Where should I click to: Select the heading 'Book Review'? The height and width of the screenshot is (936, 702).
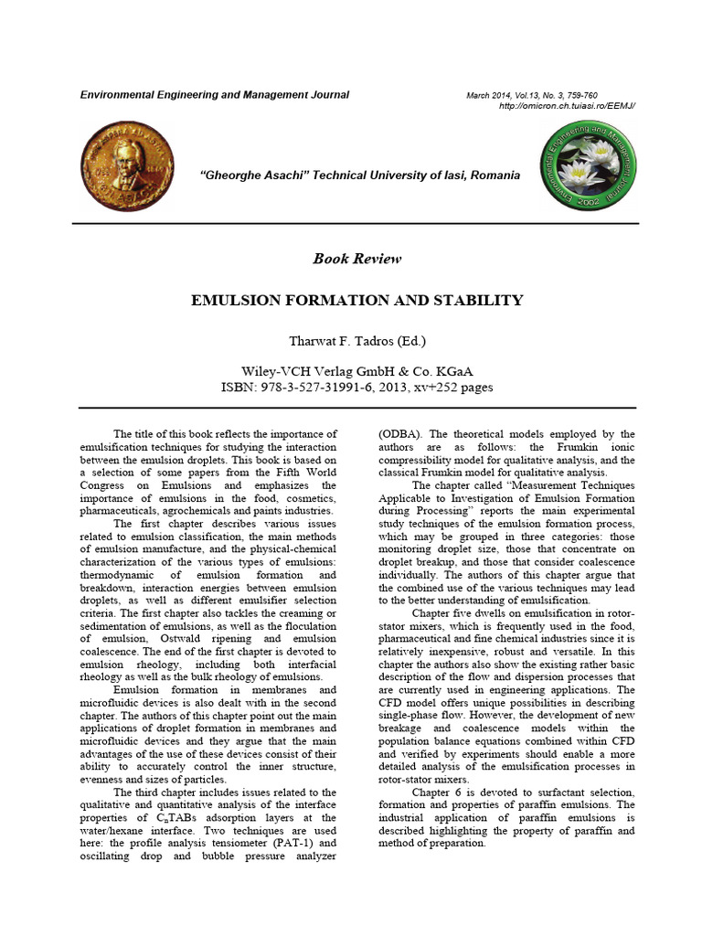pyautogui.click(x=356, y=259)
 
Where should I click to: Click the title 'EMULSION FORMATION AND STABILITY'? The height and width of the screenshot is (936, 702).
pyautogui.click(x=356, y=300)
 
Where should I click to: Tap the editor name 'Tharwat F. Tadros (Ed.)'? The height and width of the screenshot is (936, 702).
pyautogui.click(x=356, y=342)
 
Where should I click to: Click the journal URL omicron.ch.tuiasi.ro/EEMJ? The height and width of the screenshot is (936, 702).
pyautogui.click(x=567, y=106)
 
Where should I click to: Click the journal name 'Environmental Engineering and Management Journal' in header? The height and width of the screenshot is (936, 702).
pyautogui.click(x=215, y=95)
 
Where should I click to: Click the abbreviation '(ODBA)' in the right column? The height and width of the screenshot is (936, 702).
pyautogui.click(x=399, y=434)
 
